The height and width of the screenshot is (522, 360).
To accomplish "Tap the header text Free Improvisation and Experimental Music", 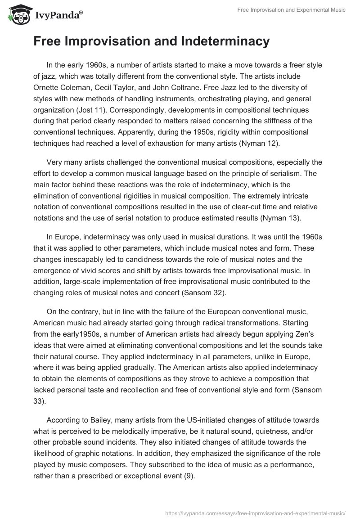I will click(292, 10).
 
